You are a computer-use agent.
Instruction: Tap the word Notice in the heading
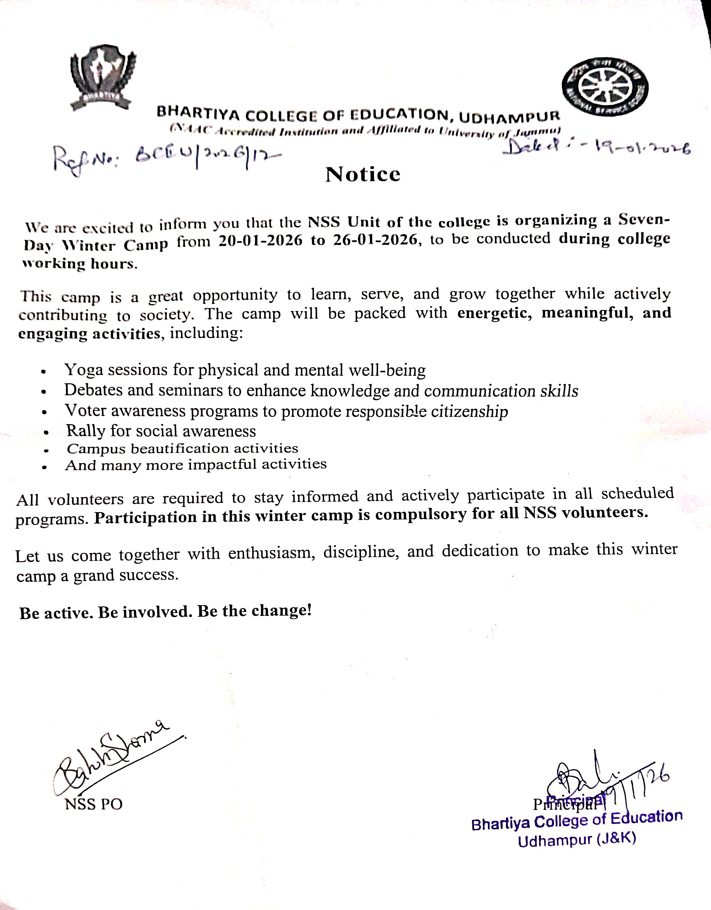(363, 174)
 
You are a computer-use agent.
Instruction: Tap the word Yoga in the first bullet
(83, 370)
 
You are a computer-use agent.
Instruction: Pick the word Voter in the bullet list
(85, 410)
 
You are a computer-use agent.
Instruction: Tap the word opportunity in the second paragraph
(235, 295)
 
